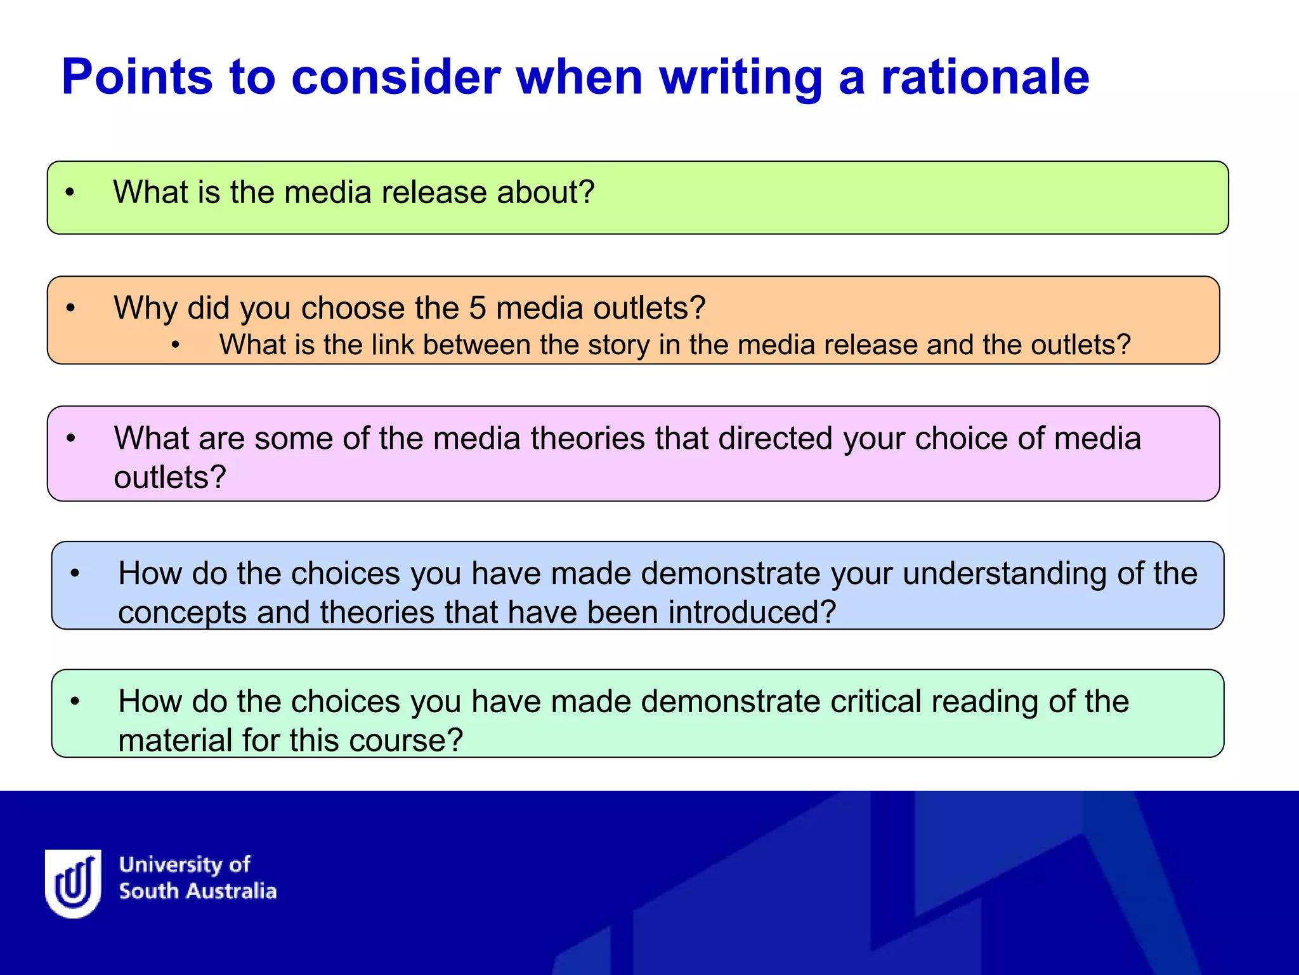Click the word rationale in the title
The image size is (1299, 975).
tap(985, 77)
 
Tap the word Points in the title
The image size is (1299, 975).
tap(137, 77)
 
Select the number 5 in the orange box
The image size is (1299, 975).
tap(477, 308)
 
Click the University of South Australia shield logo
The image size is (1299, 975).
tap(74, 883)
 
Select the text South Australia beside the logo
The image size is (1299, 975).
tap(198, 891)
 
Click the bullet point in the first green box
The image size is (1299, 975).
tap(70, 192)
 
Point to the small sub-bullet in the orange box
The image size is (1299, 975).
tap(176, 345)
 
